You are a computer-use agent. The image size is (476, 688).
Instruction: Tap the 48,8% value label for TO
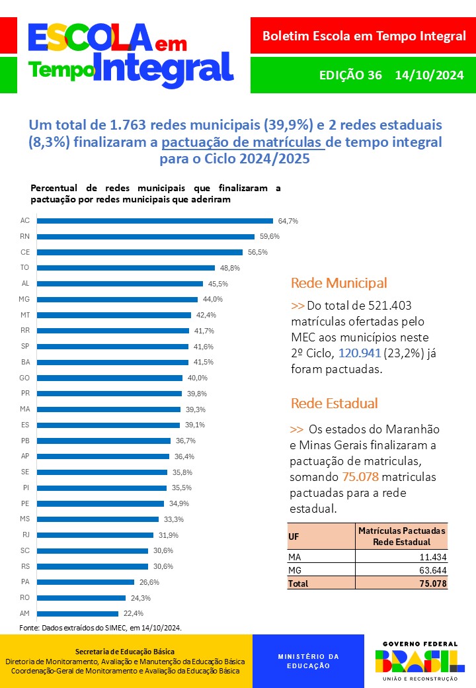[230, 268]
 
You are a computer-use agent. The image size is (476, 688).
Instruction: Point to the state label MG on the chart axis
[25, 299]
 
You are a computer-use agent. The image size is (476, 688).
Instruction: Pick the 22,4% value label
[133, 613]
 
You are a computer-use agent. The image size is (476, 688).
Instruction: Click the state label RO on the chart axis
[25, 597]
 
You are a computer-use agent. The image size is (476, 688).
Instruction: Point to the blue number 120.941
[361, 354]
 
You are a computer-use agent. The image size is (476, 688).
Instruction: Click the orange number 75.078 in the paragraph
[361, 477]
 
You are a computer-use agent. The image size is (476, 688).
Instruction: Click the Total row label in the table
[298, 583]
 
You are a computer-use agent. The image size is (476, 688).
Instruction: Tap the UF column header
[294, 537]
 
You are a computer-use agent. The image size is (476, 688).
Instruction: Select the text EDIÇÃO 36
[350, 75]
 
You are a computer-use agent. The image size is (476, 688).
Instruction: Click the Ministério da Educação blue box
[308, 661]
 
